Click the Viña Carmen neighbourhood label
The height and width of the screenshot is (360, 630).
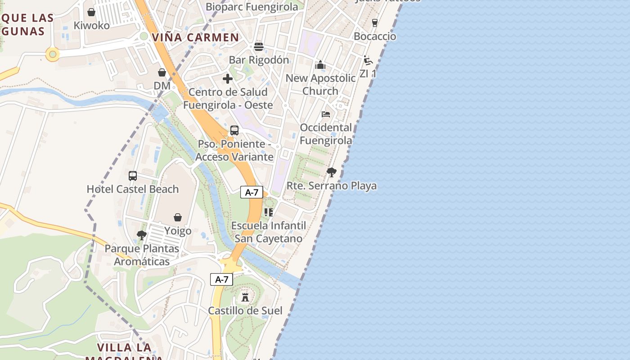point(195,37)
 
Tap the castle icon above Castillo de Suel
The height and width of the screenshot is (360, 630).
point(245,297)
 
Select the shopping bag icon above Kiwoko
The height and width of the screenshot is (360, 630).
point(91,12)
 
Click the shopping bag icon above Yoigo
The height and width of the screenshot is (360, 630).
point(178,218)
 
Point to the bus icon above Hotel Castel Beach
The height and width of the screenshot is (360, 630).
point(133,176)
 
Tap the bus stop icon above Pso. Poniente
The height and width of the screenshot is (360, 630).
point(234,130)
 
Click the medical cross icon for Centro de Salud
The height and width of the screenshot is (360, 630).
point(228,79)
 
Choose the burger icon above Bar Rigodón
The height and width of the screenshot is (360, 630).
point(259,47)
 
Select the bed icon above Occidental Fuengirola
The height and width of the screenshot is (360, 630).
point(326,114)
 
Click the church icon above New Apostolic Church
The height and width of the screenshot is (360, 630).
point(320,65)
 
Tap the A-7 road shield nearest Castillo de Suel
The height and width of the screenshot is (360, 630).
point(222,279)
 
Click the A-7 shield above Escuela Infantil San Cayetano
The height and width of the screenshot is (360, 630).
point(252,193)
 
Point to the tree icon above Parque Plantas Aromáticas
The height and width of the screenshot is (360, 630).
point(142,235)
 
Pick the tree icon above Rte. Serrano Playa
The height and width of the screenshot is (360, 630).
point(332,172)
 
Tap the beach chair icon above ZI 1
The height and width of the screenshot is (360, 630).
point(368,60)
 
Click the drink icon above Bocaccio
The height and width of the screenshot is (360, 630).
point(375,22)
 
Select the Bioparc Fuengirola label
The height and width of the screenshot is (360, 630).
point(252,7)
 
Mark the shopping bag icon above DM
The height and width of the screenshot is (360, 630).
point(162,72)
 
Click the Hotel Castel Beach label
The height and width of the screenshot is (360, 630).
point(133,189)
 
